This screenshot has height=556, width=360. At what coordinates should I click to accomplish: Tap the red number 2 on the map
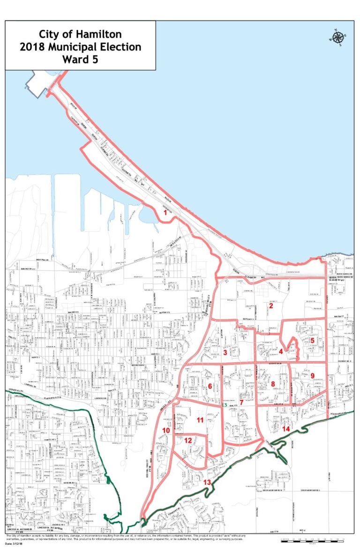click(x=271, y=306)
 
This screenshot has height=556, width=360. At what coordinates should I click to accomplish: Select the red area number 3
click(x=225, y=352)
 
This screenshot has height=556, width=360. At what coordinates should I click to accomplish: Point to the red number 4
click(x=280, y=351)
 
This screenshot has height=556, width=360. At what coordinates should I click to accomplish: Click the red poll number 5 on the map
click(x=312, y=341)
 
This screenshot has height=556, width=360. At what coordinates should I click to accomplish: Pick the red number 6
click(x=210, y=386)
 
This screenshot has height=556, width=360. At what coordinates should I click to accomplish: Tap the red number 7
click(x=241, y=402)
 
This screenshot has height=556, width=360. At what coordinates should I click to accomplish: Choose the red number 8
click(x=273, y=384)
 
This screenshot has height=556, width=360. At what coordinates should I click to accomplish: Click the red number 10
click(x=166, y=430)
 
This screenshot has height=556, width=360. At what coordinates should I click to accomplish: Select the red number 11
click(x=200, y=420)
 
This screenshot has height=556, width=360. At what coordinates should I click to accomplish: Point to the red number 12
click(x=187, y=440)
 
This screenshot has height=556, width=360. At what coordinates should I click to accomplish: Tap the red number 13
click(x=207, y=482)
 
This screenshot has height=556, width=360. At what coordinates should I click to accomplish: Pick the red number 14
click(x=286, y=428)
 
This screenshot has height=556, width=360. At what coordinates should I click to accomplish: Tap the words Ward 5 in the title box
click(x=80, y=59)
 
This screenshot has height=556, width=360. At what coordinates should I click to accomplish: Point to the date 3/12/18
click(x=19, y=543)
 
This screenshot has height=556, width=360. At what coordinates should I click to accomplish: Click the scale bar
click(x=312, y=540)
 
